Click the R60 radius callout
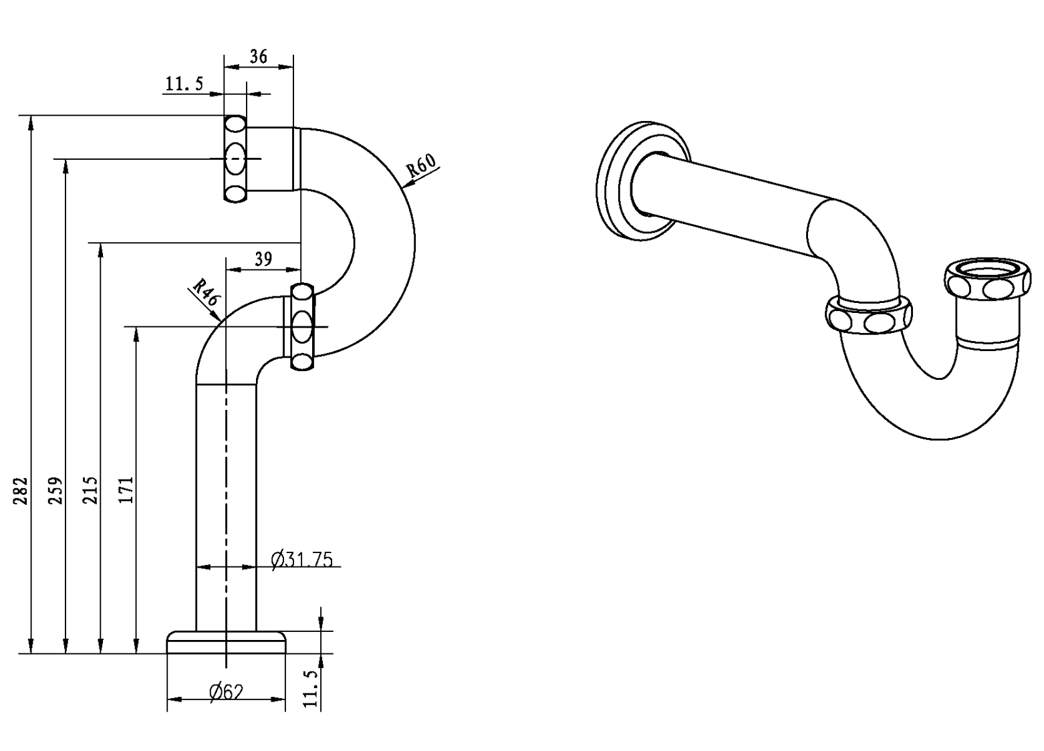pos(423,165)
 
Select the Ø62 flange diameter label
pos(225,692)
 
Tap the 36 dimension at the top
pos(258,57)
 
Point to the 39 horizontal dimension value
pos(263,259)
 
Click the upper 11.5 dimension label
pos(184,84)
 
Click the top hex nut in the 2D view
pos(235,159)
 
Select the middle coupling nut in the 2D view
pos(302,326)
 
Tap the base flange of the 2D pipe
pos(226,641)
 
